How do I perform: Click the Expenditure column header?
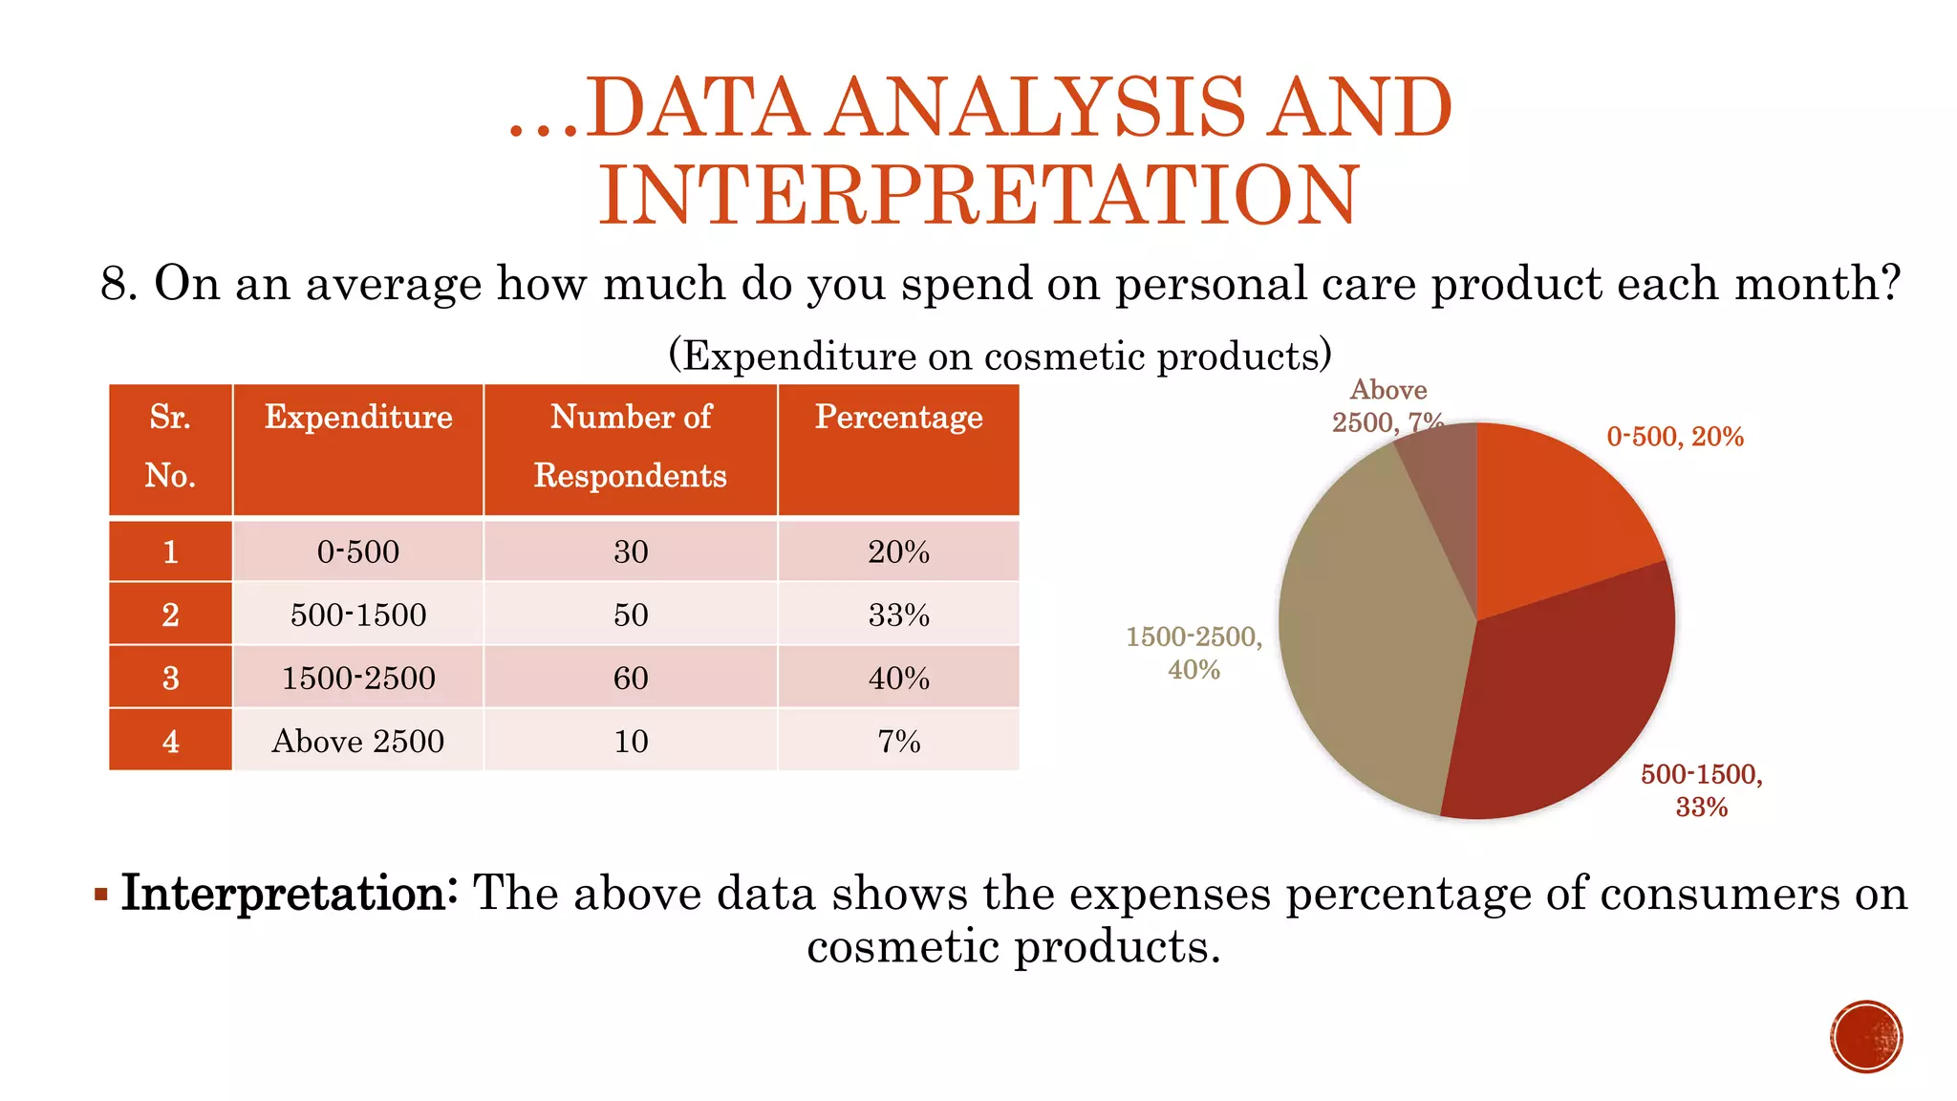[x=358, y=418]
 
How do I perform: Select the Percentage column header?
[x=898, y=418]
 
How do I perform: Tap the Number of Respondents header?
[x=631, y=446]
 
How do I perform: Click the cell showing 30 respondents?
[x=631, y=551]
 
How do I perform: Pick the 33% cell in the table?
[x=898, y=615]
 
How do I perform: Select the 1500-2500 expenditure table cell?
[x=358, y=678]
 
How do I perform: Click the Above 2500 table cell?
[x=358, y=741]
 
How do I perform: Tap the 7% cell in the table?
[x=898, y=741]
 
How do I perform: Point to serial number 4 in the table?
[x=170, y=741]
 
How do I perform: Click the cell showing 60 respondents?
[x=631, y=678]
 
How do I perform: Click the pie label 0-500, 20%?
[x=1674, y=437]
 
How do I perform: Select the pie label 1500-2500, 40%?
[x=1194, y=653]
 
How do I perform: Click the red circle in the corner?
[x=1865, y=1036]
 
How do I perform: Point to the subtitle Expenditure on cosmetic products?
[x=1000, y=356]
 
